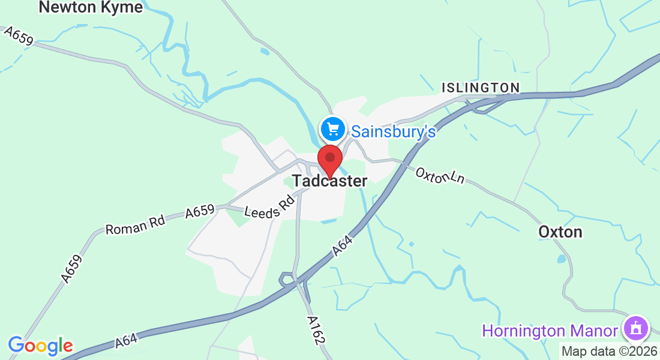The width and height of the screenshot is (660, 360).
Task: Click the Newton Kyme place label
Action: pyautogui.click(x=91, y=7)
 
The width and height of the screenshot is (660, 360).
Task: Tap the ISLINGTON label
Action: pyautogui.click(x=481, y=88)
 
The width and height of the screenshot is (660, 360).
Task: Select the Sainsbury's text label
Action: pyautogui.click(x=393, y=131)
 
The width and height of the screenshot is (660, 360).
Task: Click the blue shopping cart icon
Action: pyautogui.click(x=332, y=128)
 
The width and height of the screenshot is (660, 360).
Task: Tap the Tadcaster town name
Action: pyautogui.click(x=330, y=181)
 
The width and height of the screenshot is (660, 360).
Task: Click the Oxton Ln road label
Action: pyautogui.click(x=440, y=175)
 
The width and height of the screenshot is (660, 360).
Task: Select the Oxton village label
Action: pyautogui.click(x=560, y=232)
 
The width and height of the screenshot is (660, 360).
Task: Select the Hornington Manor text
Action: pyautogui.click(x=550, y=331)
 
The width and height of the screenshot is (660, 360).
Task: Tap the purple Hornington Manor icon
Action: pyautogui.click(x=636, y=328)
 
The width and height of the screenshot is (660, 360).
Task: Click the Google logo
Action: pyautogui.click(x=40, y=346)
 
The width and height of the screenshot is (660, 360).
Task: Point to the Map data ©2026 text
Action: pyautogui.click(x=609, y=351)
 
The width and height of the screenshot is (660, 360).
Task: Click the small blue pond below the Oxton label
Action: pyautogui.click(x=561, y=259)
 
